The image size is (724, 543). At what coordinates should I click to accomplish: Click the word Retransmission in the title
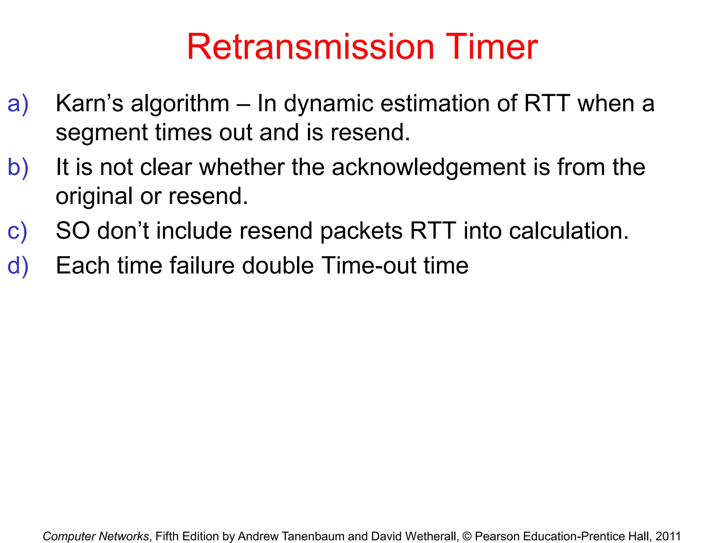click(x=310, y=47)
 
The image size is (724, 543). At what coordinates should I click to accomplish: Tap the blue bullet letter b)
click(x=18, y=167)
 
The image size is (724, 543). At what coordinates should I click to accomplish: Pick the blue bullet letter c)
click(x=17, y=231)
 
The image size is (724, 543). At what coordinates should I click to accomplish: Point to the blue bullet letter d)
click(x=18, y=265)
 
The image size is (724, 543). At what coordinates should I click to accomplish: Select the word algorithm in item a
click(x=180, y=105)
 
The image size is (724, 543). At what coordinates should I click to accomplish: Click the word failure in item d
click(x=202, y=265)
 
